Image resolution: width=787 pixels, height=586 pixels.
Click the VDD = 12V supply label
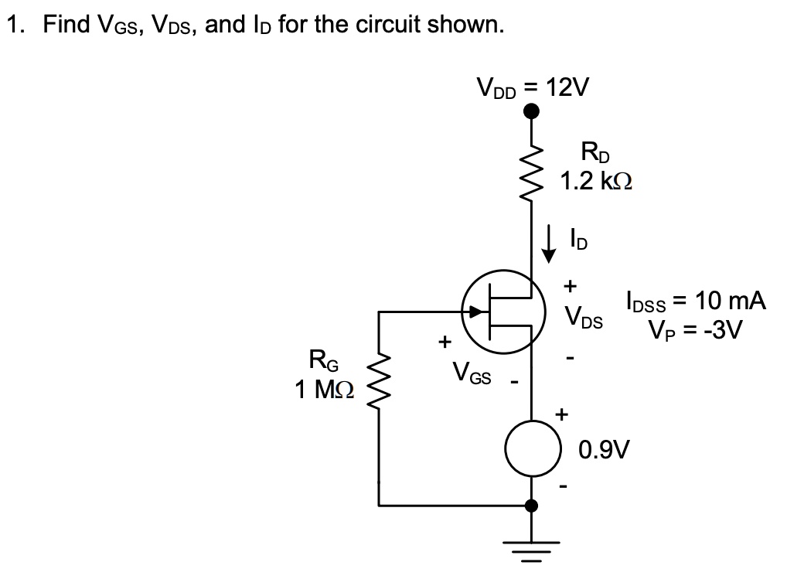coord(532,87)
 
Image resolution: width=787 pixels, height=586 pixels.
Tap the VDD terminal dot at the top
coord(531,112)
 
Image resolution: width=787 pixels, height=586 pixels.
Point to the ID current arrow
coord(550,241)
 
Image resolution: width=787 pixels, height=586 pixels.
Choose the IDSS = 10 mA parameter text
coord(695,301)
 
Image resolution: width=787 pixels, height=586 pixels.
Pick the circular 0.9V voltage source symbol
coord(531,449)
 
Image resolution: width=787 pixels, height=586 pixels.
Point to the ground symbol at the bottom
coord(531,550)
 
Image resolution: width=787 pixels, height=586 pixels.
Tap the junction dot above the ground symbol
coord(531,506)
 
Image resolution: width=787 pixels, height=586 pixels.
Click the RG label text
coord(324,360)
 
